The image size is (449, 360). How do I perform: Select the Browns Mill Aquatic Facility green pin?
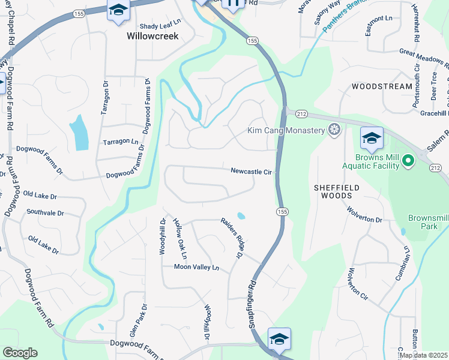pyautogui.click(x=408, y=160)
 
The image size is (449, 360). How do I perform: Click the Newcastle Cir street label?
pyautogui.click(x=252, y=172)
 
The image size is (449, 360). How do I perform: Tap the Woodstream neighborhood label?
pyautogui.click(x=382, y=86)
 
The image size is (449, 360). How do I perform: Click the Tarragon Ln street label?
pyautogui.click(x=121, y=142)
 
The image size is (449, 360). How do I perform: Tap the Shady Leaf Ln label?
pyautogui.click(x=160, y=26)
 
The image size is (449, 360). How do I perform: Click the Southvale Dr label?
pyautogui.click(x=45, y=212)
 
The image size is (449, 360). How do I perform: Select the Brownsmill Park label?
pyautogui.click(x=428, y=223)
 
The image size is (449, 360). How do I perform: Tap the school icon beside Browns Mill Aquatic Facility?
pyautogui.click(x=372, y=139)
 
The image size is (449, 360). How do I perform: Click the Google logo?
pyautogui.click(x=20, y=353)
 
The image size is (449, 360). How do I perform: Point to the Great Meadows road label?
pyautogui.click(x=424, y=58)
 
